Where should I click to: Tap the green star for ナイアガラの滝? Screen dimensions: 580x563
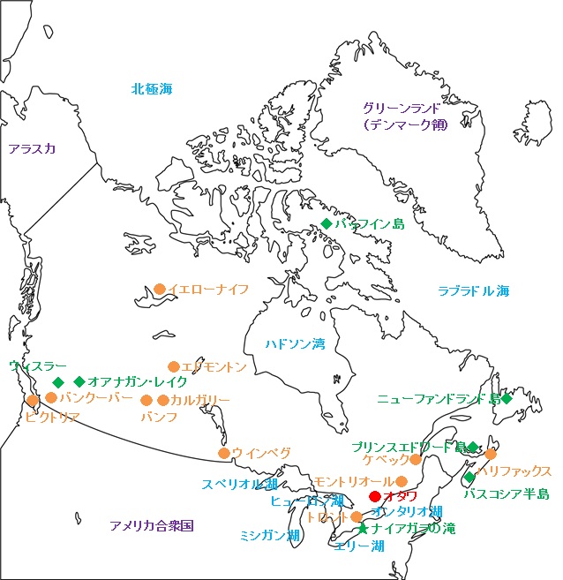click(363, 529)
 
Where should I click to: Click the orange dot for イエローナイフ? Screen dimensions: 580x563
click(160, 289)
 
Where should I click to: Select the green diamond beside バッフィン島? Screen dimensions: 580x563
click(327, 224)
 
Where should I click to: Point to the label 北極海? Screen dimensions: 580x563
click(152, 88)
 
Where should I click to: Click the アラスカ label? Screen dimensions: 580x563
click(32, 148)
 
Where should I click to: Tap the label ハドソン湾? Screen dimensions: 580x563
click(295, 343)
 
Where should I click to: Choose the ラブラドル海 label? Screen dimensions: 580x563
click(474, 290)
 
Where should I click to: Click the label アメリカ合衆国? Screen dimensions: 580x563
click(152, 525)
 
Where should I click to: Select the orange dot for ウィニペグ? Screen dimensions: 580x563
click(224, 453)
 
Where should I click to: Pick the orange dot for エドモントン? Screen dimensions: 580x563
click(174, 366)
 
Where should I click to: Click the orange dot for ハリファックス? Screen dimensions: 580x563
click(491, 454)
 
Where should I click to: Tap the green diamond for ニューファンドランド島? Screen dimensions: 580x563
click(507, 399)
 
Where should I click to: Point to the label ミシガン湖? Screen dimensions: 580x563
click(270, 536)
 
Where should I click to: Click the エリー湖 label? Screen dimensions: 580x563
click(360, 546)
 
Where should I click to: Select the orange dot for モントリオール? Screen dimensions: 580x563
click(402, 481)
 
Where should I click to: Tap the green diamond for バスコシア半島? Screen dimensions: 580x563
click(469, 478)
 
